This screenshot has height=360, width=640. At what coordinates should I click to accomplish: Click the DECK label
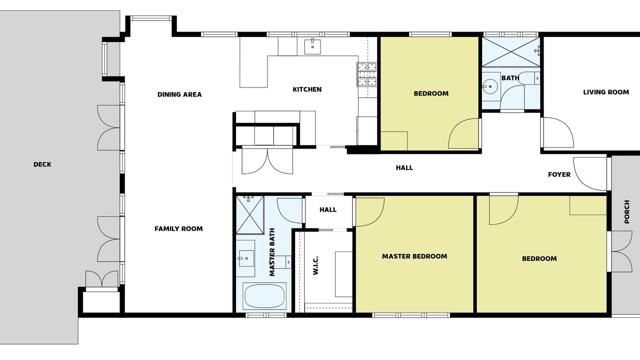tap(42, 164)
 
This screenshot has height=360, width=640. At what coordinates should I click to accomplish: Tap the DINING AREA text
tap(179, 94)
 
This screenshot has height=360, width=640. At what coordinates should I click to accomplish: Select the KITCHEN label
tap(307, 89)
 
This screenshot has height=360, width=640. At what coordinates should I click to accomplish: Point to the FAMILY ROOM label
tap(178, 228)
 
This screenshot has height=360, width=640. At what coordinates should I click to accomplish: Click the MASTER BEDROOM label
tap(414, 256)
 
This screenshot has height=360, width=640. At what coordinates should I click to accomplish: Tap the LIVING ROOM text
tap(606, 92)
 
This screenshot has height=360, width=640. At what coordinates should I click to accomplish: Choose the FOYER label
tap(559, 174)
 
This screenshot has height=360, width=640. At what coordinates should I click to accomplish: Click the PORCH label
tap(627, 211)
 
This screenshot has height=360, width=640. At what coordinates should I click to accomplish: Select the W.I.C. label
tap(315, 265)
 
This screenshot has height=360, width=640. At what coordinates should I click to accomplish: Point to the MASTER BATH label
tap(272, 252)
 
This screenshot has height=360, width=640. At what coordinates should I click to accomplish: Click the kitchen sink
tap(312, 47)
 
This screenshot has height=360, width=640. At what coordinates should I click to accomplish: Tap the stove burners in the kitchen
tap(367, 74)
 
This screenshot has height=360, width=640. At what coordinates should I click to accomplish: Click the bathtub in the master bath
tap(264, 296)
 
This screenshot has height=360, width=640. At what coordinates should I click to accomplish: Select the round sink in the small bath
tap(490, 86)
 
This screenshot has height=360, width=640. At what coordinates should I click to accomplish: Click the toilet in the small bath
tap(529, 78)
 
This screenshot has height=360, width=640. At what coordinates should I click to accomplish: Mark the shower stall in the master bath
tap(250, 215)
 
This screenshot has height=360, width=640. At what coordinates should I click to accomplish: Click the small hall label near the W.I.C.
tap(328, 209)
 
